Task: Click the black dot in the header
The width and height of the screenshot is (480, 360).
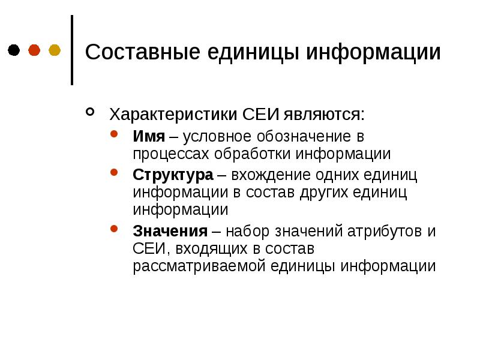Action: pos(14,50)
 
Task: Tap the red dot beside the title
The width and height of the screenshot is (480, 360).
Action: pos(34,50)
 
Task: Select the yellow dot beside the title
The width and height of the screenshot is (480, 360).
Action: pos(55,50)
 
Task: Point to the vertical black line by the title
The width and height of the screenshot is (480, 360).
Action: pos(73,50)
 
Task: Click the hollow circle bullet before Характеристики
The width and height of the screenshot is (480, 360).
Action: pos(90,112)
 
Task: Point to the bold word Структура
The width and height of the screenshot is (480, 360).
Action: pos(173,175)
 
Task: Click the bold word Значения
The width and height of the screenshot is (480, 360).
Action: pos(170,232)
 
